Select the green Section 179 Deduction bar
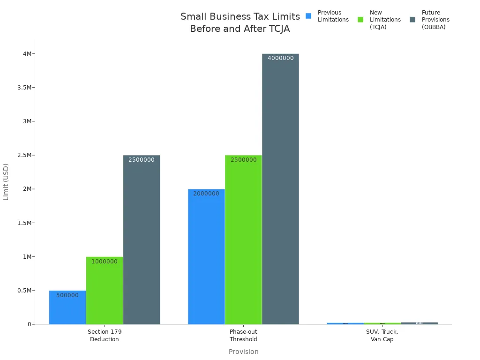[105, 291]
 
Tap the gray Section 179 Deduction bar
[142, 240]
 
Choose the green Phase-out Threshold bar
[243, 240]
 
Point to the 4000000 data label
[281, 58]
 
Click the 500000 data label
[67, 295]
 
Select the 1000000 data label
[105, 262]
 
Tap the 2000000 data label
[206, 194]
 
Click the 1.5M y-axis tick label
[24, 223]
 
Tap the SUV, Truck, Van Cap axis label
[382, 336]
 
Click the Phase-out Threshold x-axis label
[243, 336]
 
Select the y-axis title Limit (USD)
[6, 182]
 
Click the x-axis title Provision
[243, 352]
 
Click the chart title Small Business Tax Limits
[240, 17]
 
